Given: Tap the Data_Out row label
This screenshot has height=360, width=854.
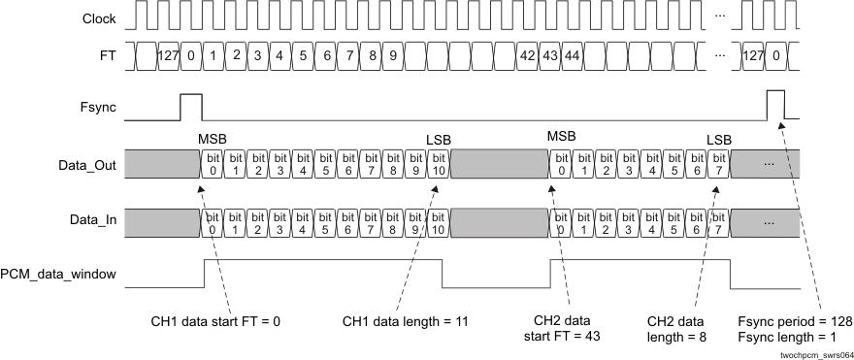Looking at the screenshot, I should pyautogui.click(x=88, y=165).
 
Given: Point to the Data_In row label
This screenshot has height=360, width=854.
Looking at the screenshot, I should pyautogui.click(x=93, y=221).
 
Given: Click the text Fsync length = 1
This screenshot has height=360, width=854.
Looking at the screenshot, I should pyautogui.click(x=785, y=338).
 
